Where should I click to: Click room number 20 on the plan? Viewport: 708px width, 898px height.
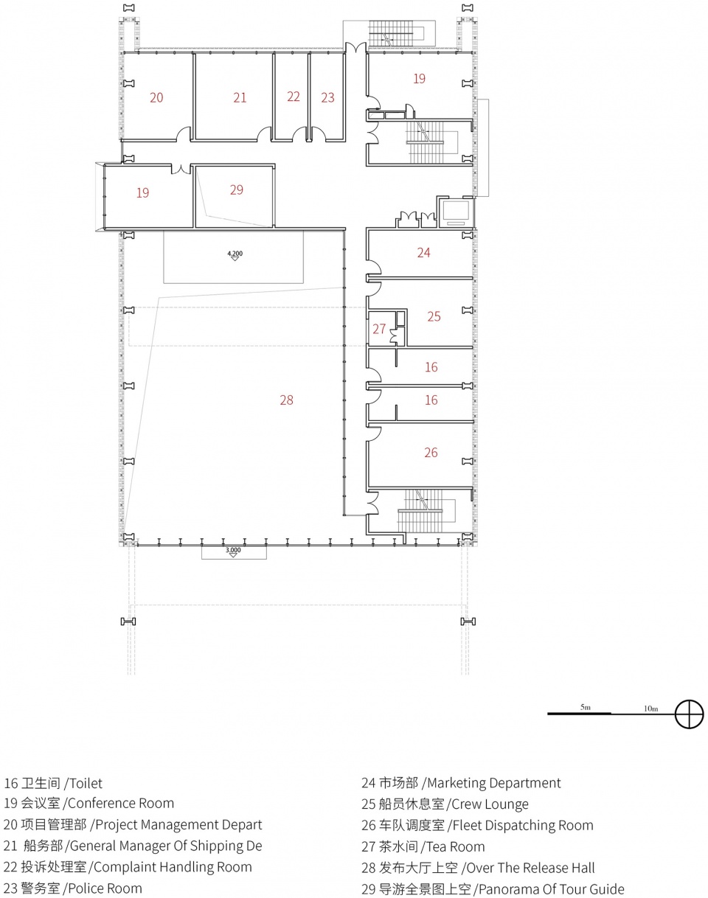pos(156,97)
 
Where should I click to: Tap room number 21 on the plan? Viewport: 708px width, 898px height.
pos(240,97)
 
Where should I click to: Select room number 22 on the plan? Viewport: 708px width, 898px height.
pos(294,97)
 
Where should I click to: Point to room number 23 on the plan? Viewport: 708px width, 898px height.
pos(327,97)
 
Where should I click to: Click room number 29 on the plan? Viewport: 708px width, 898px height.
pos(237,190)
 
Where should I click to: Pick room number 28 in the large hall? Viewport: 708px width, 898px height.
pos(287,400)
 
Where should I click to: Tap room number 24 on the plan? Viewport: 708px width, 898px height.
pos(424,252)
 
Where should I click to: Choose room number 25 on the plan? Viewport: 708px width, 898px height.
pos(434,316)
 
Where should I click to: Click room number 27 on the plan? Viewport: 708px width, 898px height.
pos(379,329)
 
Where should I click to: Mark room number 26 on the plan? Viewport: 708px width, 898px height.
pos(431,453)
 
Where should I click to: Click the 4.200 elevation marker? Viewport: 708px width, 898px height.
pos(235,255)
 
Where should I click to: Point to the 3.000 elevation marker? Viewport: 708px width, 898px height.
pos(233,551)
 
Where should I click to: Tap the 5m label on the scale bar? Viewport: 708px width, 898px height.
pos(586,707)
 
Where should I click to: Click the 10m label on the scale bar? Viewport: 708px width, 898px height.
pos(650,709)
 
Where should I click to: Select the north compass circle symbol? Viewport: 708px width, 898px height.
pos(690,714)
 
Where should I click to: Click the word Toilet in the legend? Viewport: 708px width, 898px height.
pos(86,783)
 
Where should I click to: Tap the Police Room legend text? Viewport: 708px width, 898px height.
pos(105,888)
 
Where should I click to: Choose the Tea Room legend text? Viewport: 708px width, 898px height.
pos(456,846)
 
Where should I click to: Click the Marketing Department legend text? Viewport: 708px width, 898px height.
pos(494,783)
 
